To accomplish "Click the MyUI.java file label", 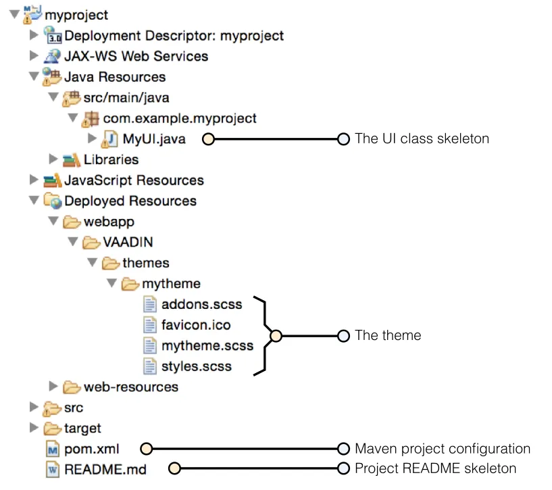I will click(153, 139).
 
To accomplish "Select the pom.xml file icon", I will click(53, 449).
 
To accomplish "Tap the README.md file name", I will click(105, 469).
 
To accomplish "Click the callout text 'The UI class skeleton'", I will click(422, 139).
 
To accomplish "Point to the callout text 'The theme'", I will click(388, 335).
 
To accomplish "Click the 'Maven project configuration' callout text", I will click(443, 449).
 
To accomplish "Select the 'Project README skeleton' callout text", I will click(435, 468).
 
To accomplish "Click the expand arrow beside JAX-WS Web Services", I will click(34, 56).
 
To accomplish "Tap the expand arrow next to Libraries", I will click(53, 160).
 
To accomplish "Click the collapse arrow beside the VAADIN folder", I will click(73, 242).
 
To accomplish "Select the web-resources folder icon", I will click(72, 387).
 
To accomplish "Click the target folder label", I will click(82, 428).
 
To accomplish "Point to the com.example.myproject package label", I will click(180, 118).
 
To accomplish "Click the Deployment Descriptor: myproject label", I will click(174, 35).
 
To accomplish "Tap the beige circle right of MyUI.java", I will click(208, 139).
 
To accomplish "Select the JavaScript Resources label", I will click(134, 180).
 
